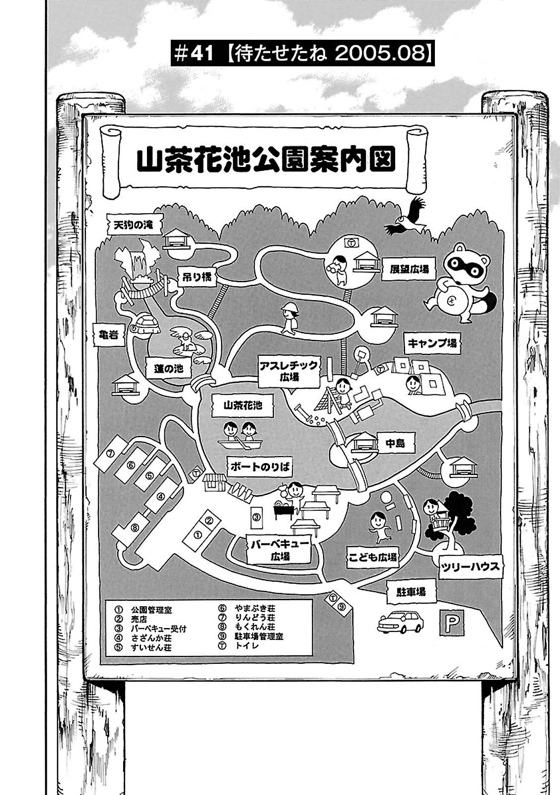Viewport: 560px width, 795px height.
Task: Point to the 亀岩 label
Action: (107, 335)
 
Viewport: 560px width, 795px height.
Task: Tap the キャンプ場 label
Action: (432, 343)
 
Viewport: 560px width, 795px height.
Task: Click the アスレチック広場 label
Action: (288, 371)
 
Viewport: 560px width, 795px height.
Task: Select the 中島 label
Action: (396, 442)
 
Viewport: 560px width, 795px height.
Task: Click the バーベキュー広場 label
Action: (280, 550)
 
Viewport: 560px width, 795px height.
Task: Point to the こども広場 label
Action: (373, 557)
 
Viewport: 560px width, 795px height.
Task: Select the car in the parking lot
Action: (401, 622)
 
